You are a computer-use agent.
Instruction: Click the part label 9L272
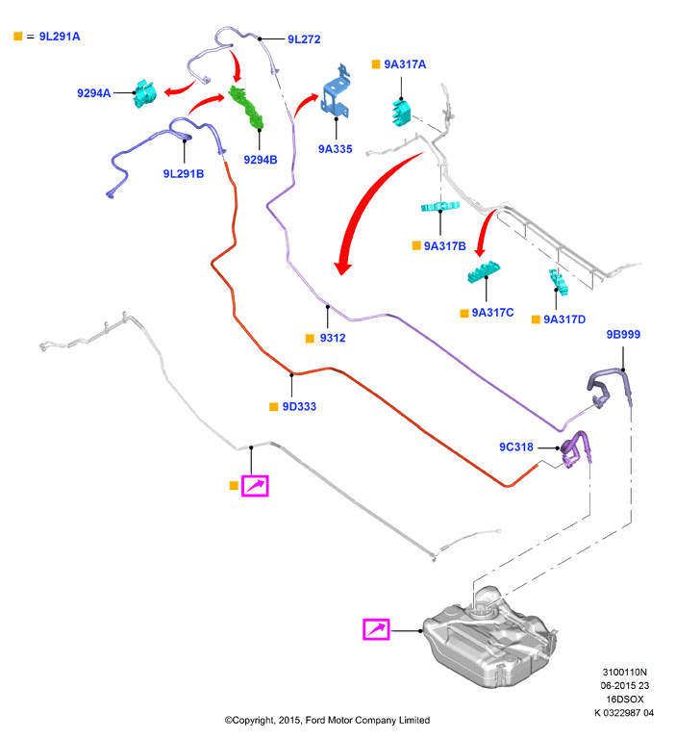pos(304,39)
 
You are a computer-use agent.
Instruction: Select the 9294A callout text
pos(93,92)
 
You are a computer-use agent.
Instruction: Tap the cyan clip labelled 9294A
pos(144,93)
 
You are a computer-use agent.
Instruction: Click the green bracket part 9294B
pos(246,108)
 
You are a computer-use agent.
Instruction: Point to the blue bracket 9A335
pos(336,92)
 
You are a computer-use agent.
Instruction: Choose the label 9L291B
pos(184,174)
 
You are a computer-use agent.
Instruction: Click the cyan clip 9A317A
pos(401,113)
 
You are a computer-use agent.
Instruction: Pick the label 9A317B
pos(444,246)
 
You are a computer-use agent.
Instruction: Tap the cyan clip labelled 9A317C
pos(484,271)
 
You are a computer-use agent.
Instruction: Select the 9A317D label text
pos(564,319)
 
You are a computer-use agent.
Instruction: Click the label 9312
pos(333,338)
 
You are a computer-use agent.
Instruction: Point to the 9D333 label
pos(299,407)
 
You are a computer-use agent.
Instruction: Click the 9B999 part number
pos(623,334)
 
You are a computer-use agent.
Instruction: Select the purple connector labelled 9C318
pos(575,448)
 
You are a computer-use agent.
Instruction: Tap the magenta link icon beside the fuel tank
pos(376,629)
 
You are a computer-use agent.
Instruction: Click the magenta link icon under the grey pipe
pos(255,486)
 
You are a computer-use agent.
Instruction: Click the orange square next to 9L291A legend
pos(18,37)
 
